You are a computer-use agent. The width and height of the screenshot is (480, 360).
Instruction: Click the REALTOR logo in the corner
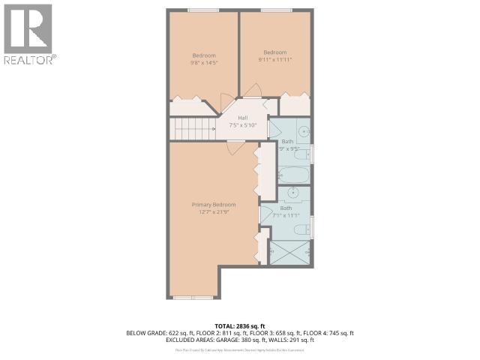(x=28, y=34)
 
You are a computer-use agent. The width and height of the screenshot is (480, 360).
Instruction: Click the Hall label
(x=243, y=118)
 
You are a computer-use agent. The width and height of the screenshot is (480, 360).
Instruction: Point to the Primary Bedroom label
(x=213, y=205)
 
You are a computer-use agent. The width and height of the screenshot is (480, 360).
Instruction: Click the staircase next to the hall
(x=193, y=128)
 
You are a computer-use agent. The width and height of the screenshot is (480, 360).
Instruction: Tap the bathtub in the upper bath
(x=292, y=175)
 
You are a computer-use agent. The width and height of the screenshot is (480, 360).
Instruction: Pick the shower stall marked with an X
(x=289, y=252)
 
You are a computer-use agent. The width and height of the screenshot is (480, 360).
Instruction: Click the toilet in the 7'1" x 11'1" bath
(x=302, y=229)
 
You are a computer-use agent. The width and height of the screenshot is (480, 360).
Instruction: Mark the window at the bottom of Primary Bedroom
(x=193, y=298)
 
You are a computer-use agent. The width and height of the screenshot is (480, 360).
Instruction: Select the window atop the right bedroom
(x=277, y=10)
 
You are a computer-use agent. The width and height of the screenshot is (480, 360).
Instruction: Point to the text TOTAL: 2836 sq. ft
(x=240, y=325)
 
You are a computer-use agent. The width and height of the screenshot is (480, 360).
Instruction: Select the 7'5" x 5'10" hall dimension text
(x=243, y=125)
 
